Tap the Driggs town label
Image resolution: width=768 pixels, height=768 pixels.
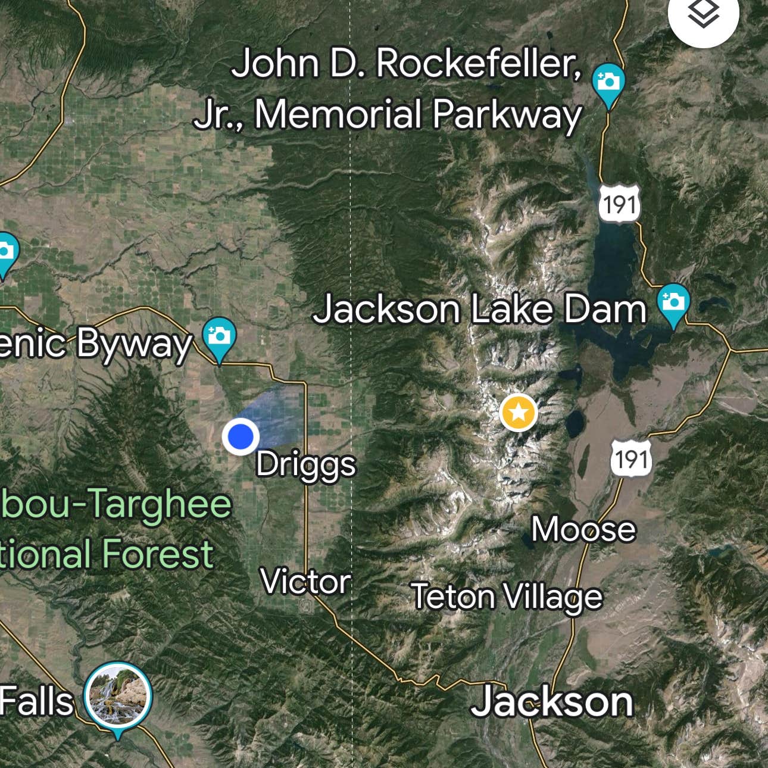pyautogui.click(x=305, y=464)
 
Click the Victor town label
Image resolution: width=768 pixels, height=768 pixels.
pyautogui.click(x=305, y=581)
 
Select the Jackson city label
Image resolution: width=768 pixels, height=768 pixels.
pyautogui.click(x=551, y=701)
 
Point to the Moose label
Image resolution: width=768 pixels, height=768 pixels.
pyautogui.click(x=583, y=529)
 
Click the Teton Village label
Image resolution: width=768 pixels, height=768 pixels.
pyautogui.click(x=507, y=596)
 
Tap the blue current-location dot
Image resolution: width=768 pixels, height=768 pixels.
pyautogui.click(x=241, y=436)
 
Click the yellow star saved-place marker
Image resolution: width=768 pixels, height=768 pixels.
pyautogui.click(x=518, y=412)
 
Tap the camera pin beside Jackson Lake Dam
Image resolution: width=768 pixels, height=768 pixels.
pyautogui.click(x=673, y=302)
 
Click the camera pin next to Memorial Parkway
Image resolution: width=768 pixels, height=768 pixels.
pyautogui.click(x=608, y=82)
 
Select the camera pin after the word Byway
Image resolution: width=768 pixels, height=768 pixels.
pyautogui.click(x=219, y=336)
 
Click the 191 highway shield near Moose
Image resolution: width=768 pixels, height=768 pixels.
pyautogui.click(x=631, y=460)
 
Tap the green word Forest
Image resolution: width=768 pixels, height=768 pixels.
pyautogui.click(x=157, y=554)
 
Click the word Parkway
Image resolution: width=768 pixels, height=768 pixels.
pyautogui.click(x=507, y=114)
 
